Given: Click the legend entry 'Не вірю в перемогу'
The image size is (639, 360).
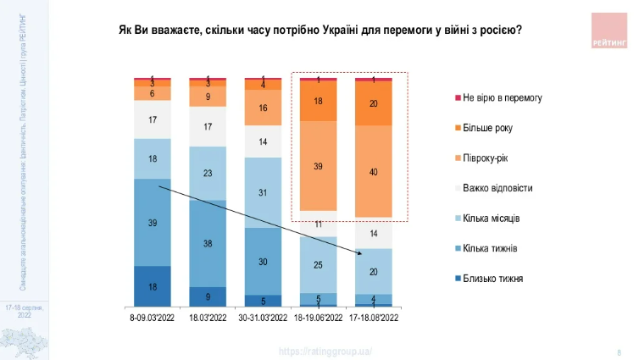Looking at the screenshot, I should [502, 97].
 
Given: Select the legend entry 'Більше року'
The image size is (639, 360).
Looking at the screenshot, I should [486, 128].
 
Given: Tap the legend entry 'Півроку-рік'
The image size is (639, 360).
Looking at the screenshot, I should [486, 158].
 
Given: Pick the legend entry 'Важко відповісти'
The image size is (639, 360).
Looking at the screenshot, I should [497, 188].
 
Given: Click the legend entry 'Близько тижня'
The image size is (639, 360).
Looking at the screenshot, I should [492, 278].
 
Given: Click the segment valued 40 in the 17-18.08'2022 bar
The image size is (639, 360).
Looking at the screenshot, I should [374, 172].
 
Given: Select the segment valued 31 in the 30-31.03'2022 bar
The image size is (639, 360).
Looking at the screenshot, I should [263, 192].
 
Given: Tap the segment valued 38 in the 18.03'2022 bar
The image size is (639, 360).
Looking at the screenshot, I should [208, 243].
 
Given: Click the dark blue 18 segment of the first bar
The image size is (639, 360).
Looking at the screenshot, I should [153, 286].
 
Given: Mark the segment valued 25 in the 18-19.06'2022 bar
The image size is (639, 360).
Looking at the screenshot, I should [318, 265].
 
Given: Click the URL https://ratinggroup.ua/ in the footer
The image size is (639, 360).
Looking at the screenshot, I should [325, 351].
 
